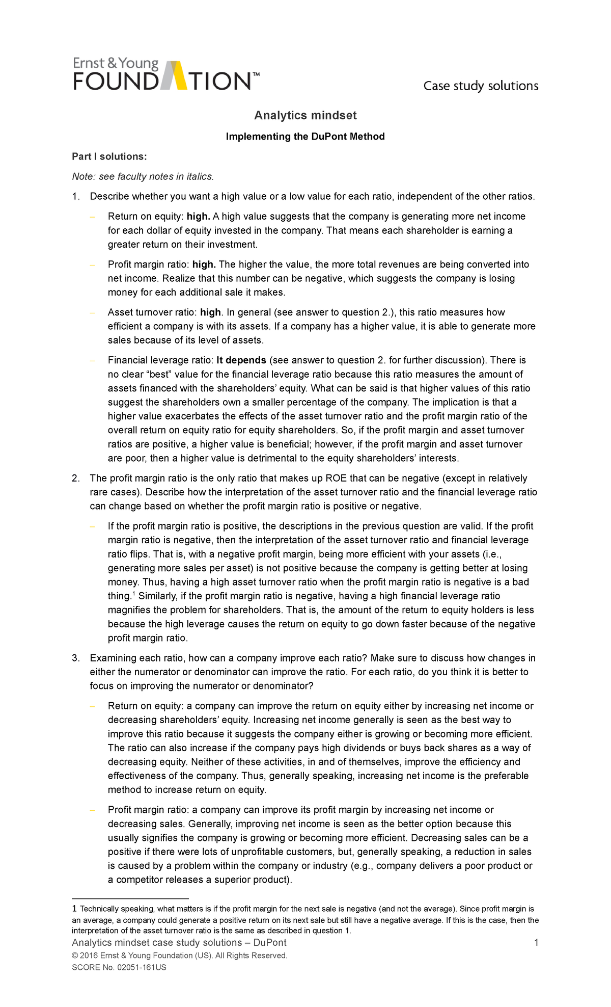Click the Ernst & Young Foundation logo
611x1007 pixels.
(166, 74)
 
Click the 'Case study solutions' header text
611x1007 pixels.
(481, 86)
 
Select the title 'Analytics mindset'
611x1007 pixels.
(305, 116)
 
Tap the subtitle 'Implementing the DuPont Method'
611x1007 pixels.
(305, 137)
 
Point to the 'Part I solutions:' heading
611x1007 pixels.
(109, 156)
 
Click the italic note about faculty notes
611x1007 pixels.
(143, 176)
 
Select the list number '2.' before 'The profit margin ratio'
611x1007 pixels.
(76, 479)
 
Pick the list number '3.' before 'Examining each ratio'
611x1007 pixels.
(76, 658)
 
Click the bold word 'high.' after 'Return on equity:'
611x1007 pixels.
(199, 217)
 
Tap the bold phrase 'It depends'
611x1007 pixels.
(241, 360)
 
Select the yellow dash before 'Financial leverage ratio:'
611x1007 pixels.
(92, 360)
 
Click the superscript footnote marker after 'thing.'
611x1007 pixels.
(134, 594)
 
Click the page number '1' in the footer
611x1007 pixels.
(536, 943)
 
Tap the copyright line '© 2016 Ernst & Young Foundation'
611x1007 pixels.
(180, 956)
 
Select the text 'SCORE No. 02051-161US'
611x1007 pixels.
(119, 967)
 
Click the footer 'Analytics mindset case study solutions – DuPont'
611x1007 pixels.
(179, 943)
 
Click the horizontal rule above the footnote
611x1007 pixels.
(130, 898)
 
